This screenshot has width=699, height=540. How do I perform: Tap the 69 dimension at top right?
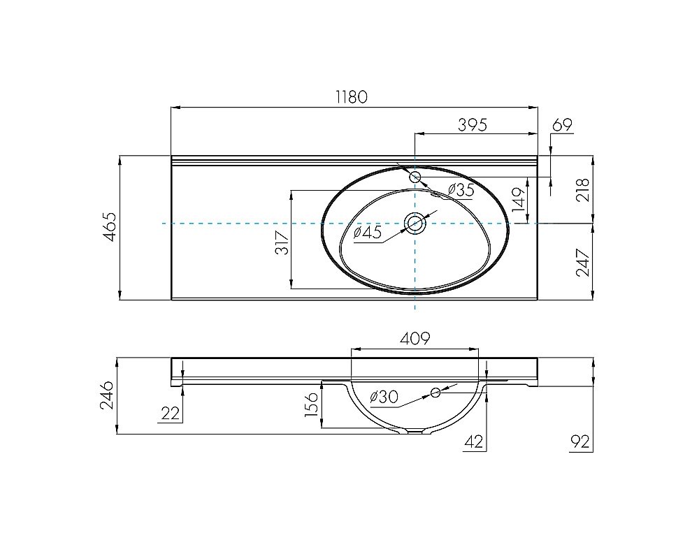(x=562, y=125)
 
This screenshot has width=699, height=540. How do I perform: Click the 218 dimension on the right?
(x=584, y=189)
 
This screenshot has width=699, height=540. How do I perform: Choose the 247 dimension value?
(x=584, y=262)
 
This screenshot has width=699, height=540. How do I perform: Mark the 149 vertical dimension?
(x=518, y=200)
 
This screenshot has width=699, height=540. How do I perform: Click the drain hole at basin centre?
(x=415, y=223)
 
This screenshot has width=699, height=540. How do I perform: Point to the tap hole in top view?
(x=415, y=177)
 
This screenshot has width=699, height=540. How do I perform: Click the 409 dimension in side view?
(x=415, y=339)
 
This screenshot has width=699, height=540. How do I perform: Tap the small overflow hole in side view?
(x=435, y=392)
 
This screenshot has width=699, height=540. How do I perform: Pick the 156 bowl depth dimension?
(x=312, y=404)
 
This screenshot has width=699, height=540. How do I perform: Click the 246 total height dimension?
(x=107, y=396)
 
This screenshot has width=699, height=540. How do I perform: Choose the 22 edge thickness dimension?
(x=170, y=414)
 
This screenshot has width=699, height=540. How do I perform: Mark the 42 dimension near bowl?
(x=473, y=442)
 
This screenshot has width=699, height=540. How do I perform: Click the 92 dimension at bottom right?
(x=580, y=442)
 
